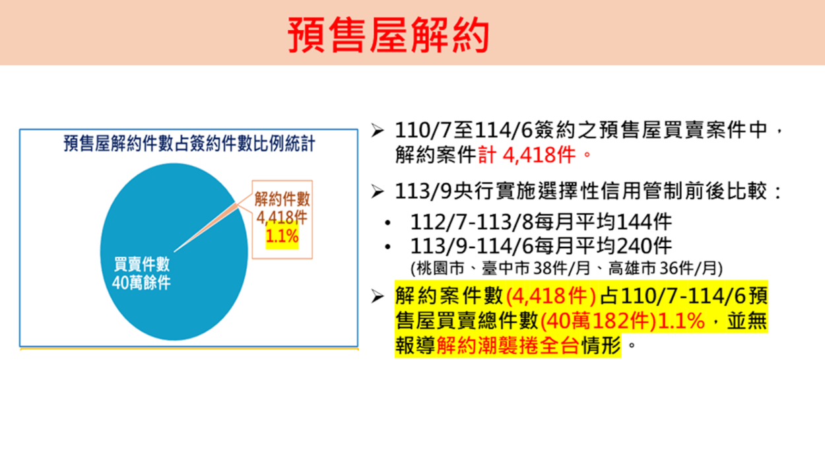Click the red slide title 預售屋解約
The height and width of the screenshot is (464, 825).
tap(388, 35)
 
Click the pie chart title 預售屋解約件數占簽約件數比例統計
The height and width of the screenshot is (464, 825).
tap(189, 143)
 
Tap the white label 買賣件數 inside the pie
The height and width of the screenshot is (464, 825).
tap(142, 264)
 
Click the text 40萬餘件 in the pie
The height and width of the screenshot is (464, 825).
tap(141, 282)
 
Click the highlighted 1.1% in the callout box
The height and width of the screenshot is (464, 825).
tap(282, 236)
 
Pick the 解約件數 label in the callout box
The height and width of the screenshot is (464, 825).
tap(282, 199)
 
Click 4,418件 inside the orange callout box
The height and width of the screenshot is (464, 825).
tap(282, 218)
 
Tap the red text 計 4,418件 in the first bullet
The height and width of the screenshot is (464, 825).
tap(527, 154)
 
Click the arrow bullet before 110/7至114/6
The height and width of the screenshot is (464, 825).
tap(377, 131)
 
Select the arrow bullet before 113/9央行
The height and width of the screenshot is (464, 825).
tap(377, 191)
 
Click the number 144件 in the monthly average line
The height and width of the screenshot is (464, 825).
tap(644, 222)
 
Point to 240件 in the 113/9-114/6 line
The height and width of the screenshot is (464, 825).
tap(644, 246)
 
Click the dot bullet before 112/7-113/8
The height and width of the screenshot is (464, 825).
tap(387, 223)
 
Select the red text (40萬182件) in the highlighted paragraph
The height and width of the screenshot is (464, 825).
tap(599, 321)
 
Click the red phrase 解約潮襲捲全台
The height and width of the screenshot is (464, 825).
tap(508, 345)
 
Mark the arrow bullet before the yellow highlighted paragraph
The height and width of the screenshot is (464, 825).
tap(377, 296)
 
